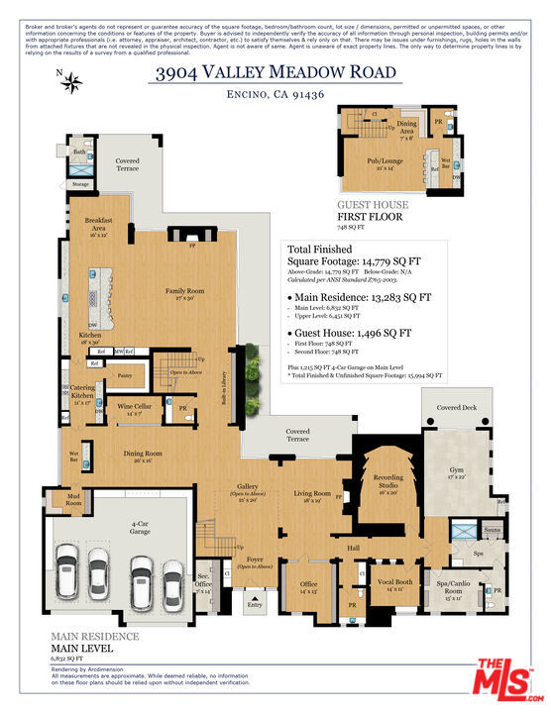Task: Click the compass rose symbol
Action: (x=72, y=82)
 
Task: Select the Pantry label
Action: (x=124, y=376)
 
